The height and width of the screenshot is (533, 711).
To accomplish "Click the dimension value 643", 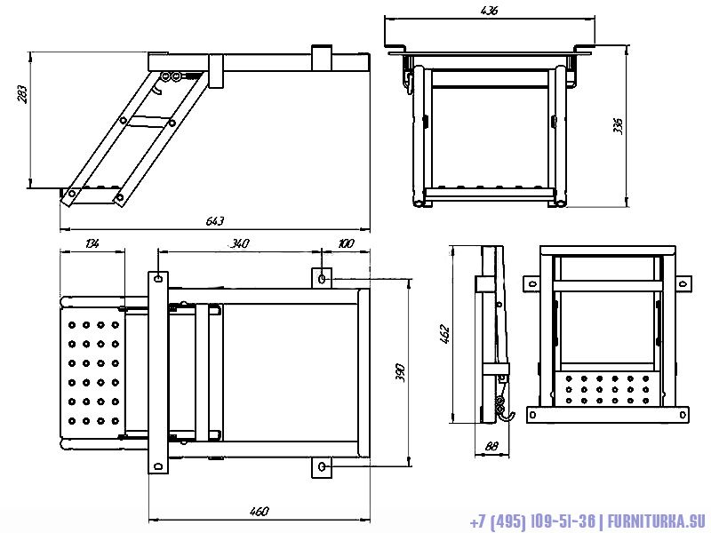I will (x=215, y=220).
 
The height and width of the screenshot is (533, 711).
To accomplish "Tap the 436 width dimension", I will (x=488, y=11).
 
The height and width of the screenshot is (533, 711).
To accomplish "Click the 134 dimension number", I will (x=92, y=243).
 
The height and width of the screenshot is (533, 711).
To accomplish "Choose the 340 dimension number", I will (x=239, y=243).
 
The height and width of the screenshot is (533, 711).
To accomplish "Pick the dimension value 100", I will (x=346, y=243).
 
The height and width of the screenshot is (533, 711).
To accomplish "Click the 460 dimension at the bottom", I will (x=259, y=511).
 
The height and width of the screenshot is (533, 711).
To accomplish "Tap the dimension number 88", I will (x=490, y=447).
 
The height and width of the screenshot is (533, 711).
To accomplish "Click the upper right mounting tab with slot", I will (x=322, y=278).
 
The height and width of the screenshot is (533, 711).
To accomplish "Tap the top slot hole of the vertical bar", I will (x=157, y=278).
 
